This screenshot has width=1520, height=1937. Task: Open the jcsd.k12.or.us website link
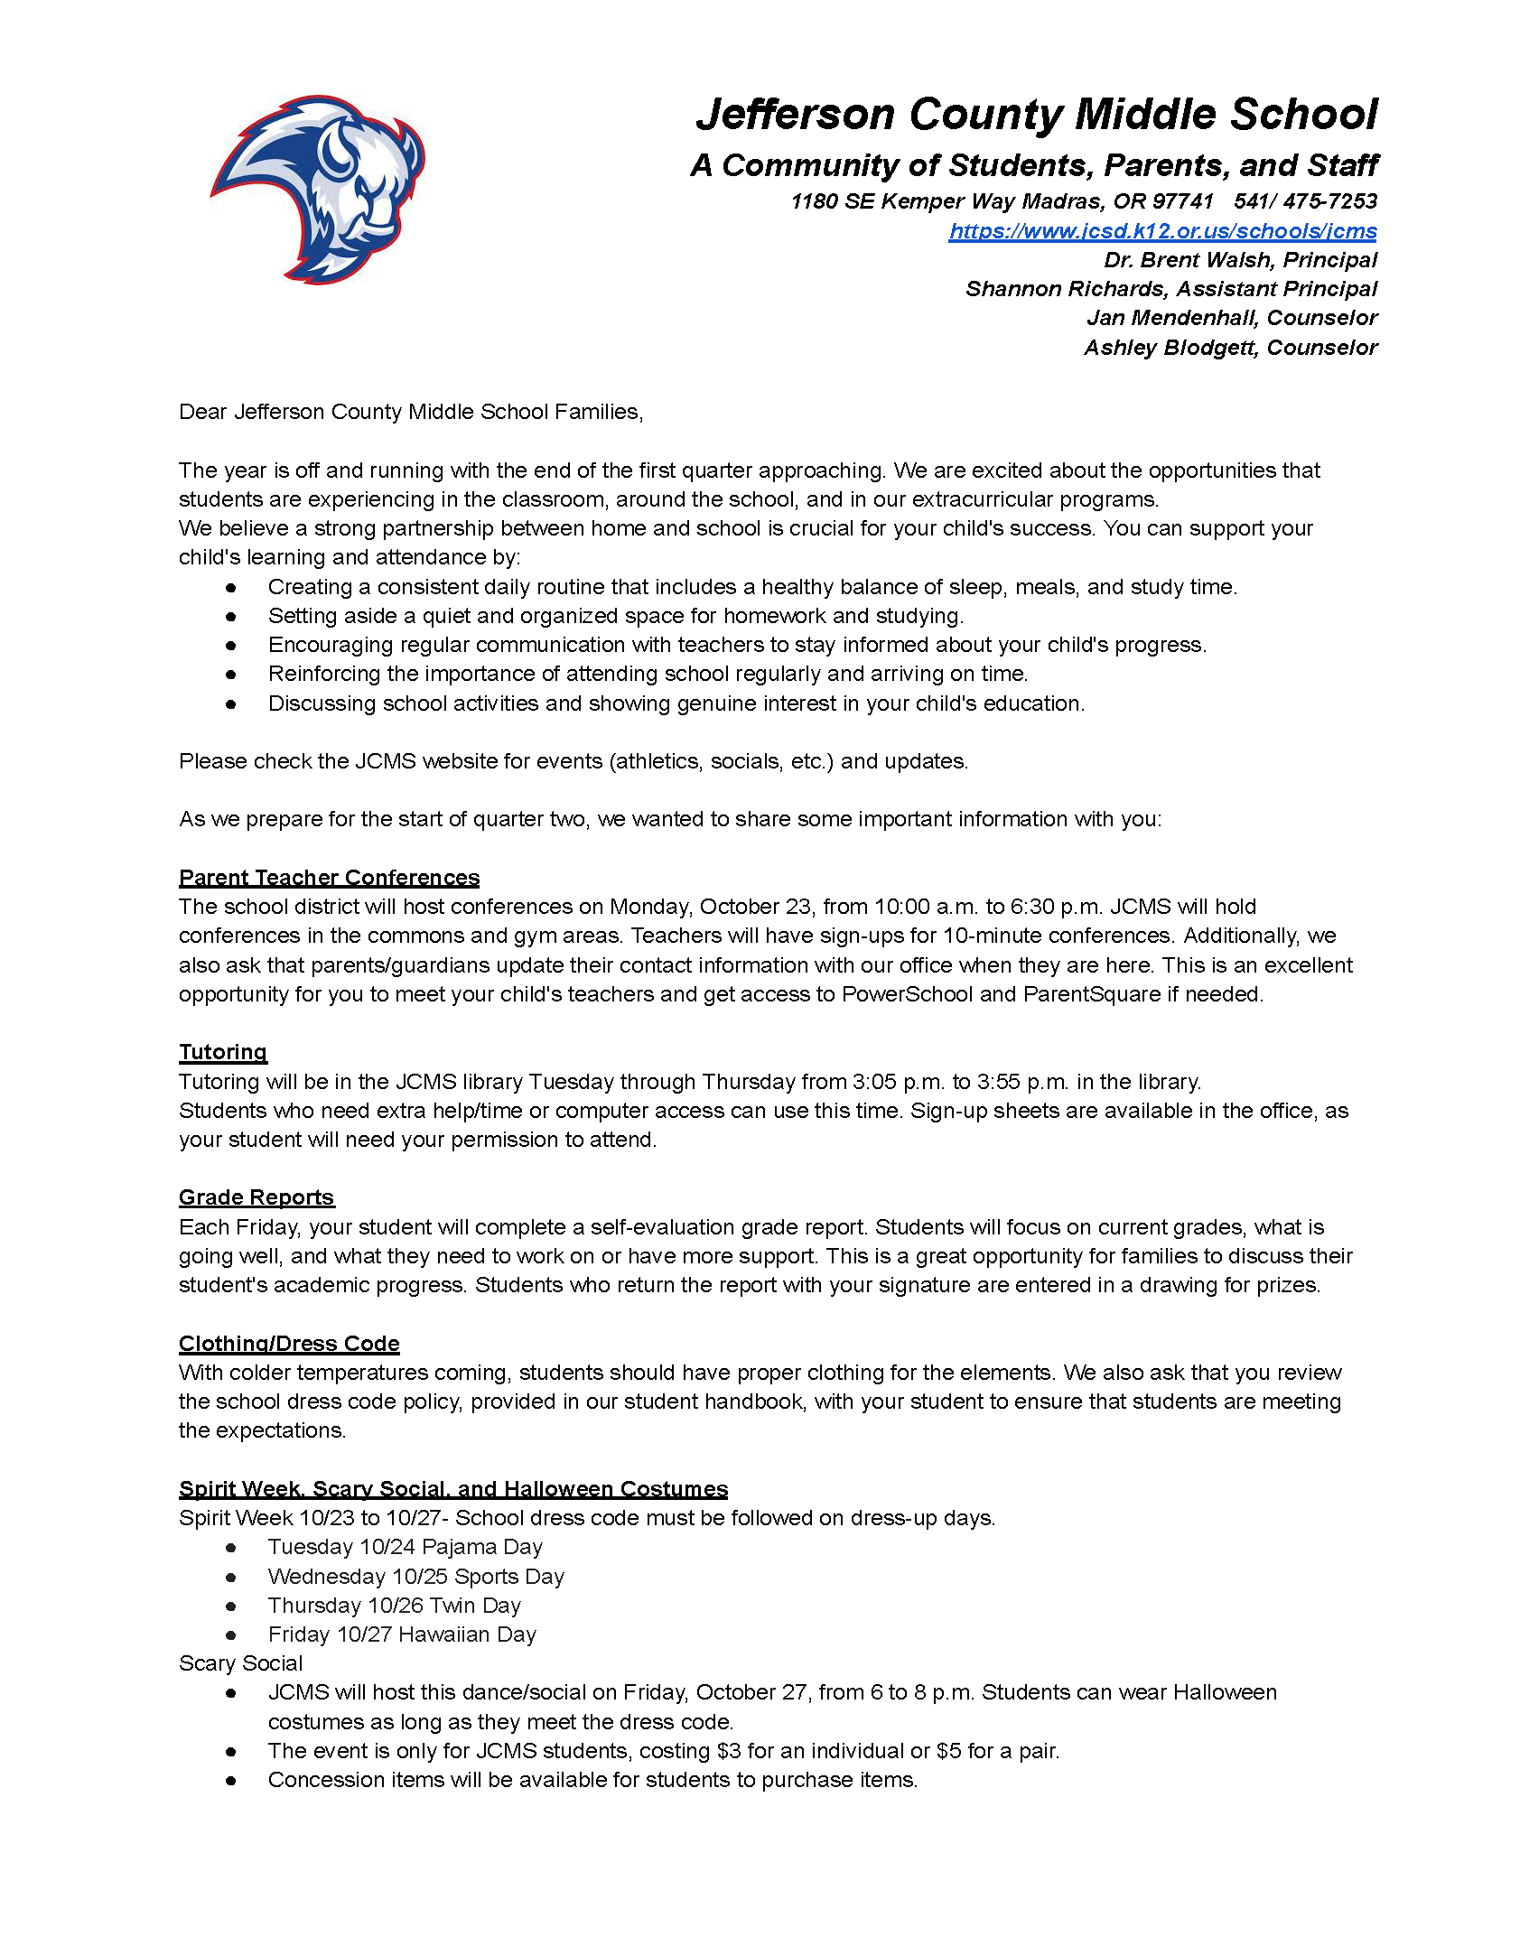1162,231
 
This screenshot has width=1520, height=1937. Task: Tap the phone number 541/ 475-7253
1305,201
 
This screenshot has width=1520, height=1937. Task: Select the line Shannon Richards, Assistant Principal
1170,289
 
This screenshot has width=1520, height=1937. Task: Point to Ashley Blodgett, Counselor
1230,348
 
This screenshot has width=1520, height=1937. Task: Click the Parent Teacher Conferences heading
329,878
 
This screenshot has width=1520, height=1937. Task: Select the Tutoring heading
223,1052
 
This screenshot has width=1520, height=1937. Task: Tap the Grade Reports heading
256,1197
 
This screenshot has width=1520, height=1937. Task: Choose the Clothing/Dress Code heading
289,1344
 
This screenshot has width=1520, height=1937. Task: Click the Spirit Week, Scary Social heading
453,1489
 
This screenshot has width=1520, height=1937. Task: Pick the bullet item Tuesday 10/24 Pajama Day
406,1547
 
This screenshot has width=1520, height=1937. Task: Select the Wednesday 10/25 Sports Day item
416,1577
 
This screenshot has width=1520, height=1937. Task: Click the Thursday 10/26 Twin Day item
395,1606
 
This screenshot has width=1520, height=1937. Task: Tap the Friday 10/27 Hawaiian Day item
402,1634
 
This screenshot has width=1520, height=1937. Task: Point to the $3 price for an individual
729,1751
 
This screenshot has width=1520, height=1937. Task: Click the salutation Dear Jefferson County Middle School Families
411,412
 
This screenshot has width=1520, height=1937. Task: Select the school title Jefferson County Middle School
1037,115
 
